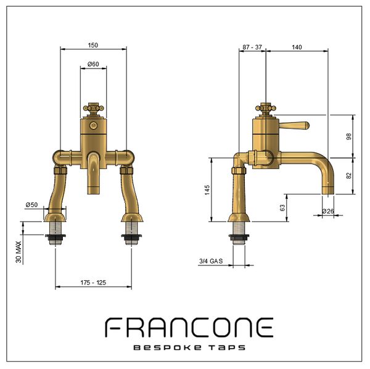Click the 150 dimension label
[92, 45]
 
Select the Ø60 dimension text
[93, 64]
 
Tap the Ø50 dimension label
[31, 205]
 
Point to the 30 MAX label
[18, 252]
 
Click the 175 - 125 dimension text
[93, 283]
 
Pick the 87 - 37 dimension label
[252, 48]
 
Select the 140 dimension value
[297, 48]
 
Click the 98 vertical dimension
[349, 136]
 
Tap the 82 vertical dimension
[349, 176]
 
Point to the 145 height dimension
[207, 190]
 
